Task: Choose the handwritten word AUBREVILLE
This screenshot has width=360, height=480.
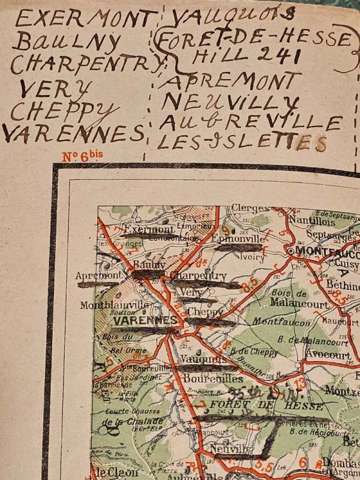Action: pos(250,122)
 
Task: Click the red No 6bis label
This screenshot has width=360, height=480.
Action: pos(83,157)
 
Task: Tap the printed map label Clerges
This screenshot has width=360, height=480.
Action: pos(250,208)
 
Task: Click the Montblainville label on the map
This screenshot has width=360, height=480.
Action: pos(115,305)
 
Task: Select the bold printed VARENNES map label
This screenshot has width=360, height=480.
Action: pos(145,320)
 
